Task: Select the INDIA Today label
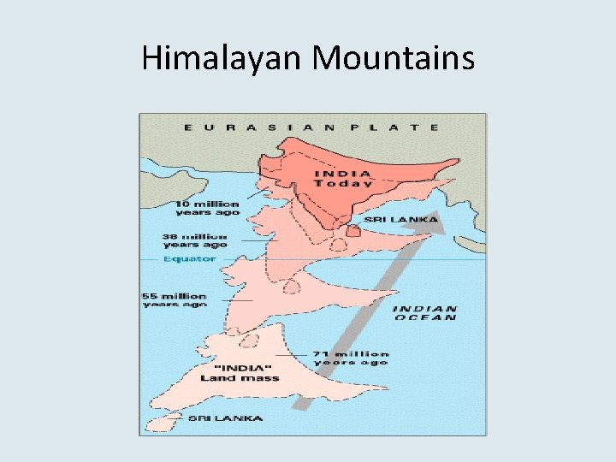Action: tap(342, 177)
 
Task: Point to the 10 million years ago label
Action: tap(207, 208)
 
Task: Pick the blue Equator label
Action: tap(190, 258)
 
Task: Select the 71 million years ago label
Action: tap(351, 358)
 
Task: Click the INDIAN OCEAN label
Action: tap(425, 312)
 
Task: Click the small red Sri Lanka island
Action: tap(352, 231)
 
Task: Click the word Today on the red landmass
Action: tap(343, 182)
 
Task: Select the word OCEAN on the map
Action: tap(425, 317)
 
